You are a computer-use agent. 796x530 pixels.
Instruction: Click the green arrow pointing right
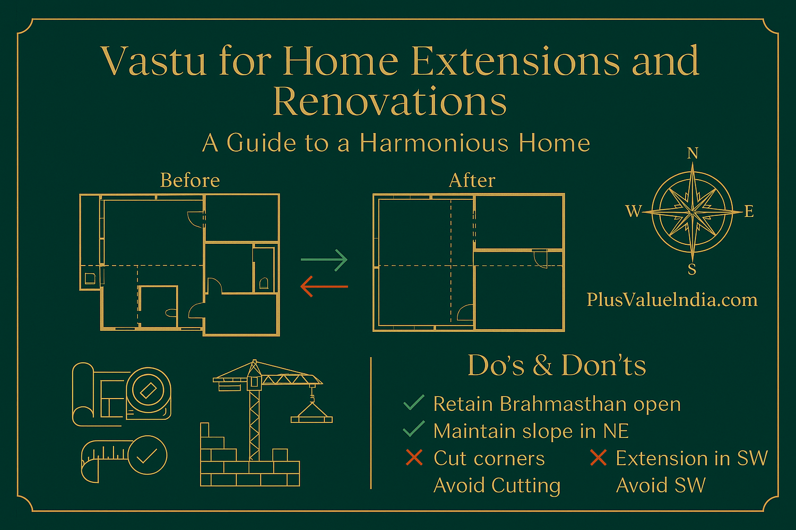tap(324, 260)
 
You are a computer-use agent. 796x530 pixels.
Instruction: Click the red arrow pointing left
tap(324, 287)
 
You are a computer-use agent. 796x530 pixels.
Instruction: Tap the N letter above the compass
tap(693, 153)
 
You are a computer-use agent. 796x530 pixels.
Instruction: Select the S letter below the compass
tap(692, 270)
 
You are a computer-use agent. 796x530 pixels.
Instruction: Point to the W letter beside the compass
tap(634, 211)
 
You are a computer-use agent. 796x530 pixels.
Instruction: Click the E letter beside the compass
tap(749, 211)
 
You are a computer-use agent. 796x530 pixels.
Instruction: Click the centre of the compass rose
tap(693, 211)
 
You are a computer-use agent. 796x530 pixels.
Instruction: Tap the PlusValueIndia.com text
tap(672, 300)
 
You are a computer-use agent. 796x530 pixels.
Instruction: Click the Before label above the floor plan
tap(190, 181)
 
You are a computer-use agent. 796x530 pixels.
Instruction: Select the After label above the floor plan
tap(472, 181)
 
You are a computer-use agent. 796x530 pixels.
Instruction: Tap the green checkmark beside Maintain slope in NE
tap(414, 429)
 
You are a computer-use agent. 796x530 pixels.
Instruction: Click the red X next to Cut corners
tap(414, 457)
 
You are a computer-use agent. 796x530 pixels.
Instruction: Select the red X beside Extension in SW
tap(598, 457)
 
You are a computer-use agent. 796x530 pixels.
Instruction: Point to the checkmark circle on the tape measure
tap(147, 455)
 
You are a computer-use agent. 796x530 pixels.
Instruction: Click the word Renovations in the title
tap(390, 101)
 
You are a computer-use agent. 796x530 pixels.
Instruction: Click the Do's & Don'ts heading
tap(557, 366)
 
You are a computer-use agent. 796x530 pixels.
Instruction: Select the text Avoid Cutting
tap(497, 485)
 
